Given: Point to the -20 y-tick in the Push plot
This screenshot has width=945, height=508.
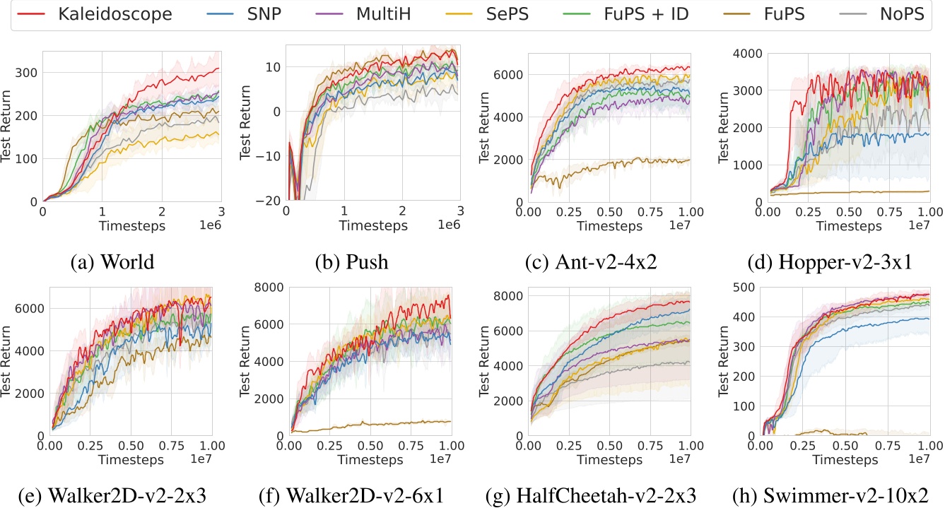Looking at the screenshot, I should point(269,201).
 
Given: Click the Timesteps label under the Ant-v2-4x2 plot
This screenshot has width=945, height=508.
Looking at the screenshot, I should point(610,226).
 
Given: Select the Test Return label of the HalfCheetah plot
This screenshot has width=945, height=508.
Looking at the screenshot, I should point(486,361).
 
